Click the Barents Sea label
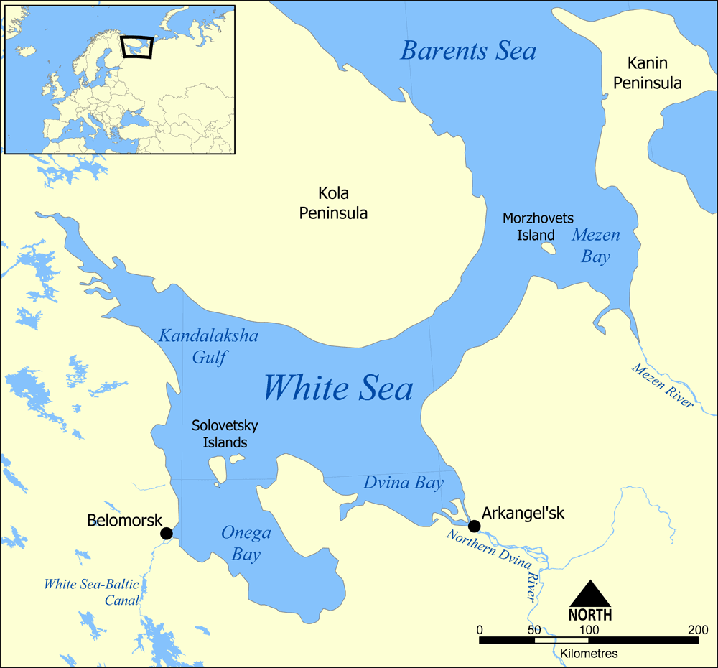tap(468, 51)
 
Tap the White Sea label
tap(337, 388)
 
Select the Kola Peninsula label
tap(333, 203)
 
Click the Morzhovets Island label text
tap(538, 226)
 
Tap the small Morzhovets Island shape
tap(548, 249)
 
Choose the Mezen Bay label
tap(595, 246)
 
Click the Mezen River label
tap(662, 386)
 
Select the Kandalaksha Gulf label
tap(208, 345)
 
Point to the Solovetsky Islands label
tap(225, 434)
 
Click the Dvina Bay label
tap(403, 483)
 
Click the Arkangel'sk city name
tap(523, 514)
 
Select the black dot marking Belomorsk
tap(166, 533)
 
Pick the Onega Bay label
tap(246, 543)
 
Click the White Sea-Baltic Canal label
tap(91, 592)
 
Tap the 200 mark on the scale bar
tap(697, 630)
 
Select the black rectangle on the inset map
tap(137, 47)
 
